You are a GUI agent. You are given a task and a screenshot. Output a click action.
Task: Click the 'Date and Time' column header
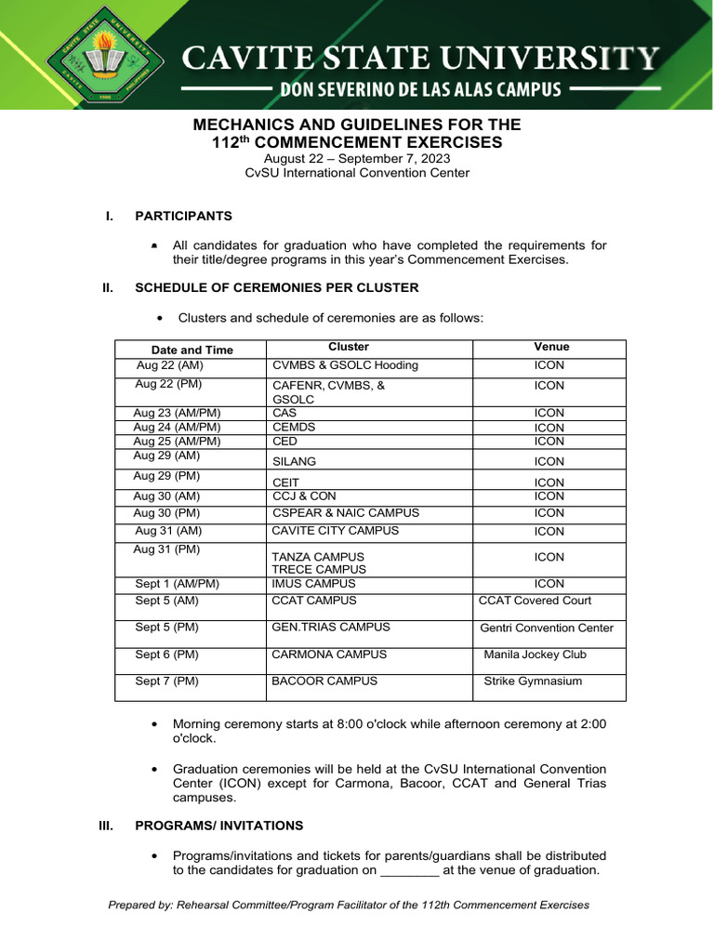192,350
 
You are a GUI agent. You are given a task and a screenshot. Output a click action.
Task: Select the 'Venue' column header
551,347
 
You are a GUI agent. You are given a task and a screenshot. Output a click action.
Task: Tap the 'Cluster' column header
349,347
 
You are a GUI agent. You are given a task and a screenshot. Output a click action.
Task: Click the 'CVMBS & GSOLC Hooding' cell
332,365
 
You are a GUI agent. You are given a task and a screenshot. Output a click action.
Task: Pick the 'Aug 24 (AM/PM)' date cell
177,428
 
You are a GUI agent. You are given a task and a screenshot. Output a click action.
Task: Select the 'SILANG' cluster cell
294,461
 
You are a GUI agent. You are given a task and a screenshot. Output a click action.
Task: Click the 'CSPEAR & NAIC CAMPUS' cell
345,513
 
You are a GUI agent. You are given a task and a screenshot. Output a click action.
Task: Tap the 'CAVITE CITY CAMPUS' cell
335,531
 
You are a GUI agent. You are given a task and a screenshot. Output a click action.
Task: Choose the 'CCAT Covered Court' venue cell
535,601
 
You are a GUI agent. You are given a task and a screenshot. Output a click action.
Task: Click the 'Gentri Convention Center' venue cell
547,628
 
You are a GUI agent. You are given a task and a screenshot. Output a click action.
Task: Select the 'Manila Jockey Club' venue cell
535,654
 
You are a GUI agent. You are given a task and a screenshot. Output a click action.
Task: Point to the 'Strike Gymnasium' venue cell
533,681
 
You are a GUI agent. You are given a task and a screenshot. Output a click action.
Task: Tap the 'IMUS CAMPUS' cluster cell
313,584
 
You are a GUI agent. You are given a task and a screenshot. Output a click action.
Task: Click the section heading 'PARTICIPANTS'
183,217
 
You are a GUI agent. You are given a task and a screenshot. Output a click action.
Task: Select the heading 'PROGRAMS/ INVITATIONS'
218,826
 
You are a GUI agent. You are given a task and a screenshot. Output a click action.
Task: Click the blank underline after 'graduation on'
410,871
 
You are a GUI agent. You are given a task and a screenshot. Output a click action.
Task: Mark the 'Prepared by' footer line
349,905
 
